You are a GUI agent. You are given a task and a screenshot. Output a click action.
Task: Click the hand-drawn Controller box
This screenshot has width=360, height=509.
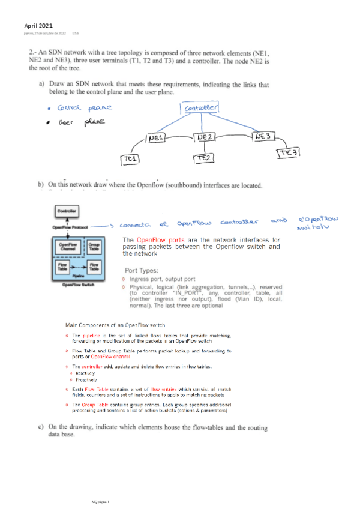[x=201, y=108]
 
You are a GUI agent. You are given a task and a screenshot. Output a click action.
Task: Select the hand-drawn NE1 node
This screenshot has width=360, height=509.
[x=156, y=139]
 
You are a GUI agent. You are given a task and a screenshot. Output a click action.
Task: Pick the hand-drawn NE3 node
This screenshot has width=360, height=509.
[x=265, y=136]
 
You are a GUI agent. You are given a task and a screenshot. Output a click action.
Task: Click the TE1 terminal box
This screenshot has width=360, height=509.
[x=130, y=159]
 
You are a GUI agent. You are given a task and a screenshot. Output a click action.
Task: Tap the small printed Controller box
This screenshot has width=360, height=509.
[x=65, y=211]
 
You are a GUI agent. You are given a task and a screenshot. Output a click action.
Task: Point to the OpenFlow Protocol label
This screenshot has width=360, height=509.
[x=70, y=227]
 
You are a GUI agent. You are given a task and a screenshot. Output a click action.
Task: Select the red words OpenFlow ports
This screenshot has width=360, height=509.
[x=160, y=240]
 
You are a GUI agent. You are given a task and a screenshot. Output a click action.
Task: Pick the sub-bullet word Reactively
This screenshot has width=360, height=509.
[x=85, y=372]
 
